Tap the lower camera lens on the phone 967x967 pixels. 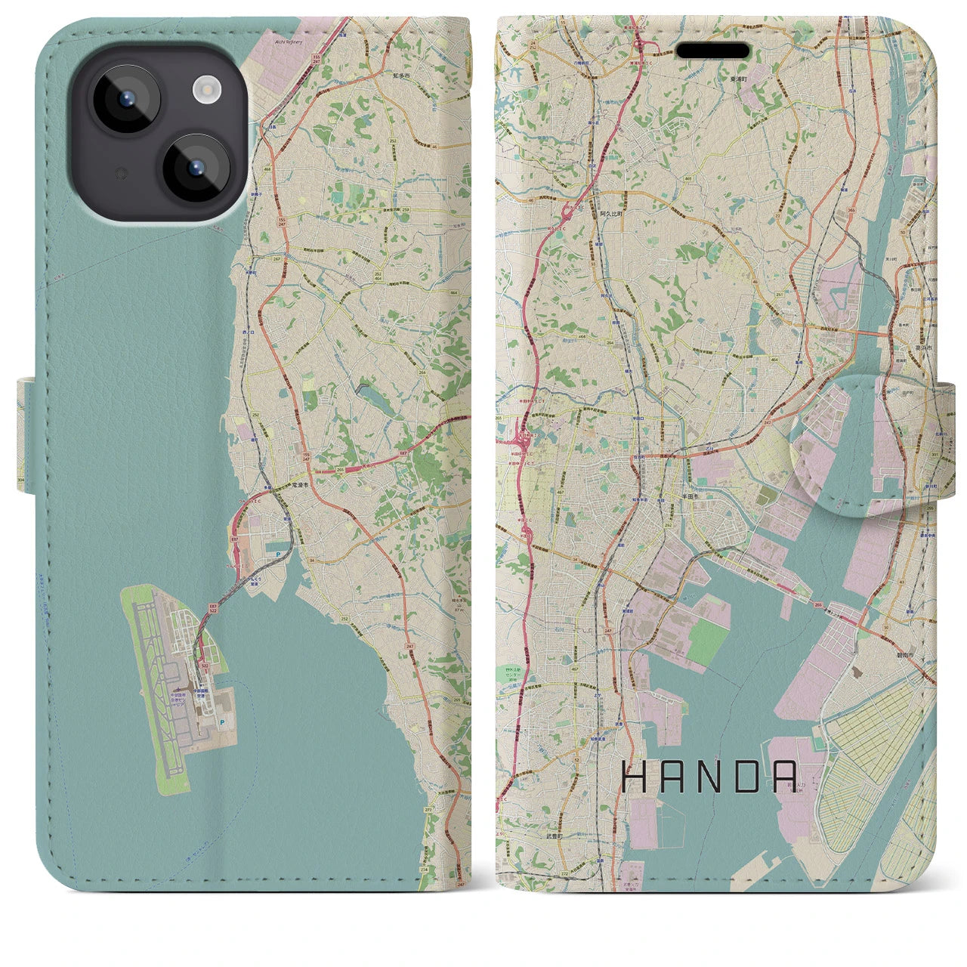pos(195,168)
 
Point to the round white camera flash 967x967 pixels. pos(205,91)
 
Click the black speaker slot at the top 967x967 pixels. pos(712,51)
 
